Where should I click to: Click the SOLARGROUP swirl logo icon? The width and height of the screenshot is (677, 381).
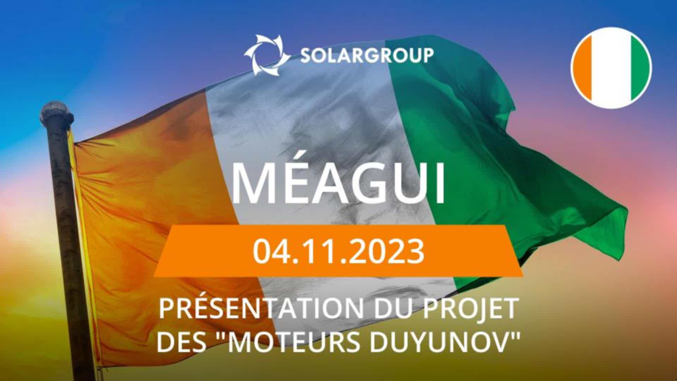click(267, 55)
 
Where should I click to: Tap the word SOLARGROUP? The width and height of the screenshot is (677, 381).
click(367, 56)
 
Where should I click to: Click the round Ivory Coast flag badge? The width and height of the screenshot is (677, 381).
click(611, 68)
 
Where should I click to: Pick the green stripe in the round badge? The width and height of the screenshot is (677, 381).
click(639, 68)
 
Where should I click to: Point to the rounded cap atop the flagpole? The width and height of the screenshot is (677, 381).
click(56, 110)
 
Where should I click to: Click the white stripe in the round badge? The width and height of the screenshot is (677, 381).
click(611, 68)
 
